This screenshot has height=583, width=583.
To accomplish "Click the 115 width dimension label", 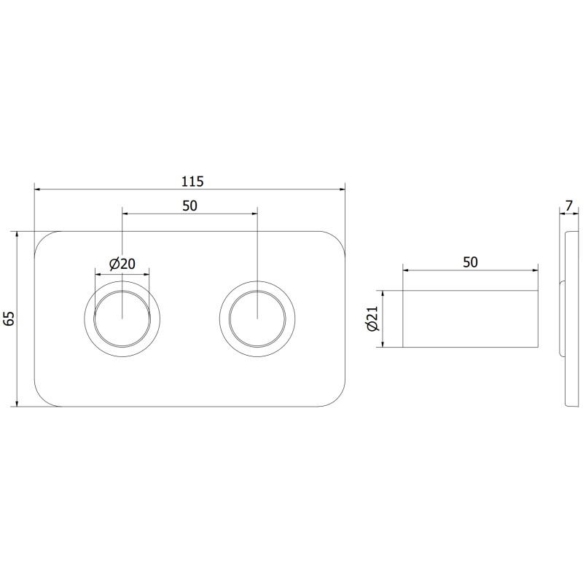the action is pos(192,181).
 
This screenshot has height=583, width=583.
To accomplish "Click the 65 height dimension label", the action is pos(9,318).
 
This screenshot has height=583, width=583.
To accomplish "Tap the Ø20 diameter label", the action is pos(122,264).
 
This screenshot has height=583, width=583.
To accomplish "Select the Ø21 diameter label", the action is pos(372,318).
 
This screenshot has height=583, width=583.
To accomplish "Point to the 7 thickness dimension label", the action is pos(569,206).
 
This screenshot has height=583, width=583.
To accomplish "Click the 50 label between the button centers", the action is pos(189,206).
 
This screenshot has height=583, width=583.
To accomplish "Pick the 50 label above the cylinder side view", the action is pos(470,262).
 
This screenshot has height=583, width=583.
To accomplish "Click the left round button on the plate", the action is pos(122,318).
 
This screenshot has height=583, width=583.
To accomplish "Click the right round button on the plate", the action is pos(258,318).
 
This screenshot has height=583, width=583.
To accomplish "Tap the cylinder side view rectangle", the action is pos(470,318).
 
